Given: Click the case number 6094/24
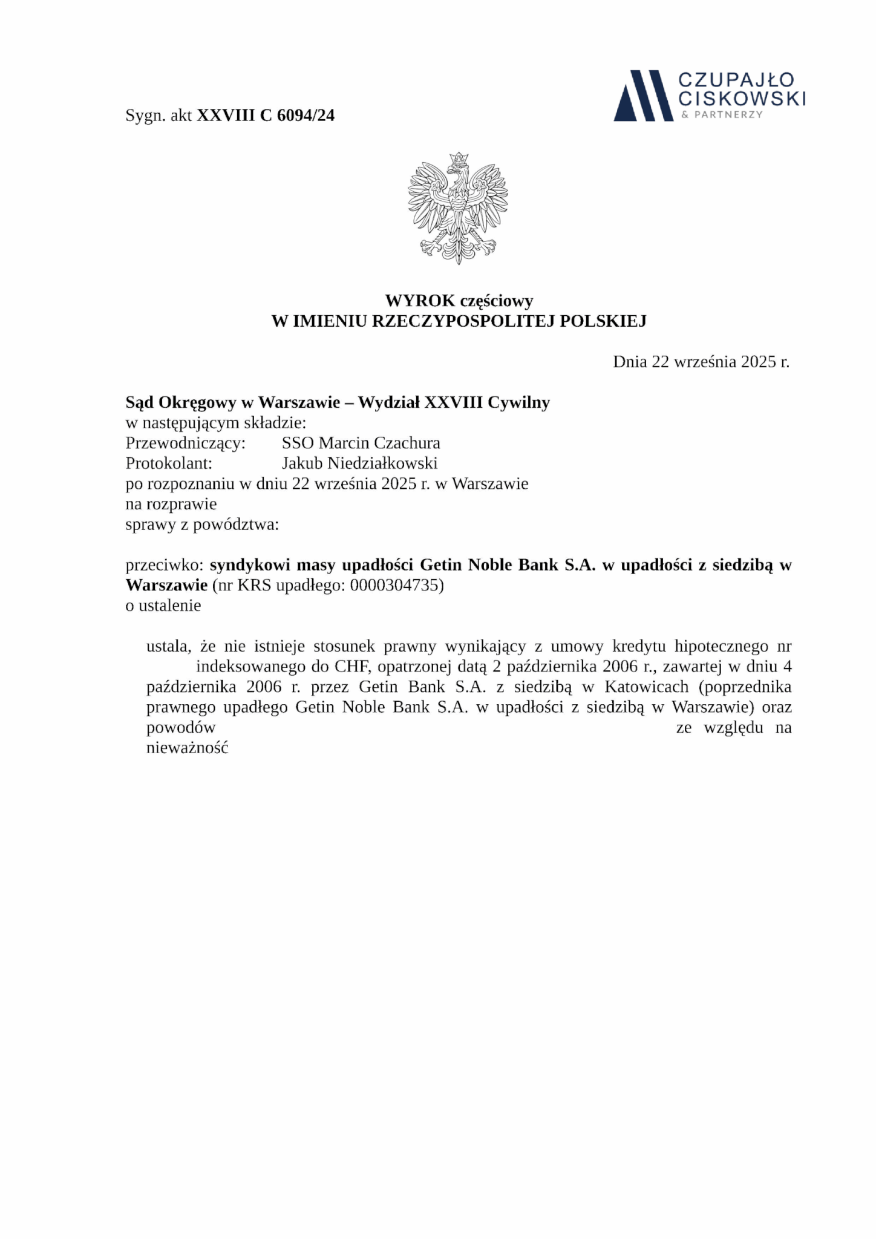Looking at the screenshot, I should tap(306, 116).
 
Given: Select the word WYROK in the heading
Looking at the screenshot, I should tap(420, 300).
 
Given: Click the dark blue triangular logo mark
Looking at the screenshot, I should tap(643, 96).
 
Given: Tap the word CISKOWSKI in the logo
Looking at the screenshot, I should tap(742, 98).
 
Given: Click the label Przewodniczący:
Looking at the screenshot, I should tap(185, 443).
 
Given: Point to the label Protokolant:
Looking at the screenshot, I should tap(169, 463).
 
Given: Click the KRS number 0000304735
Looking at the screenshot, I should tap(396, 586).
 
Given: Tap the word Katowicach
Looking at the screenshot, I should tap(646, 687).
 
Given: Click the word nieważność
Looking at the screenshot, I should tap(187, 748).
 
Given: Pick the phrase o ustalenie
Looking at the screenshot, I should tap(163, 606).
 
